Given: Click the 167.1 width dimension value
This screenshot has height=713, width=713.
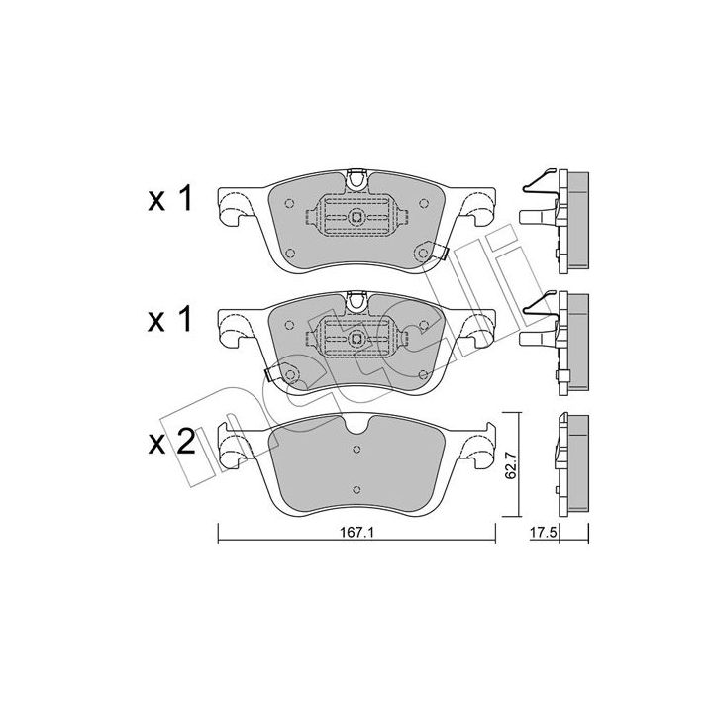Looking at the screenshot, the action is coord(356,532).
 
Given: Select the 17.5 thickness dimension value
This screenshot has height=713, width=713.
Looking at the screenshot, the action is coord(544,533).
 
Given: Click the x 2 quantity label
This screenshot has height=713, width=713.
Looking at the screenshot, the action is coord(172,443).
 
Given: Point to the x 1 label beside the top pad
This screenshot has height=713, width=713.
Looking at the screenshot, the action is coord(170,199).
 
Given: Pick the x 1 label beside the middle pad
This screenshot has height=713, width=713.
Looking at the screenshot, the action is coord(170,321).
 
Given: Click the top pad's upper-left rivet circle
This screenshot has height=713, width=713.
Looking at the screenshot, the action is coord(288,204).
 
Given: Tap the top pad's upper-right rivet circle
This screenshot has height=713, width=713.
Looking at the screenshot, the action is coord(424,203).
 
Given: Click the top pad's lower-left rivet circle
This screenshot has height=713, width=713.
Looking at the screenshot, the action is coord(291,254).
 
